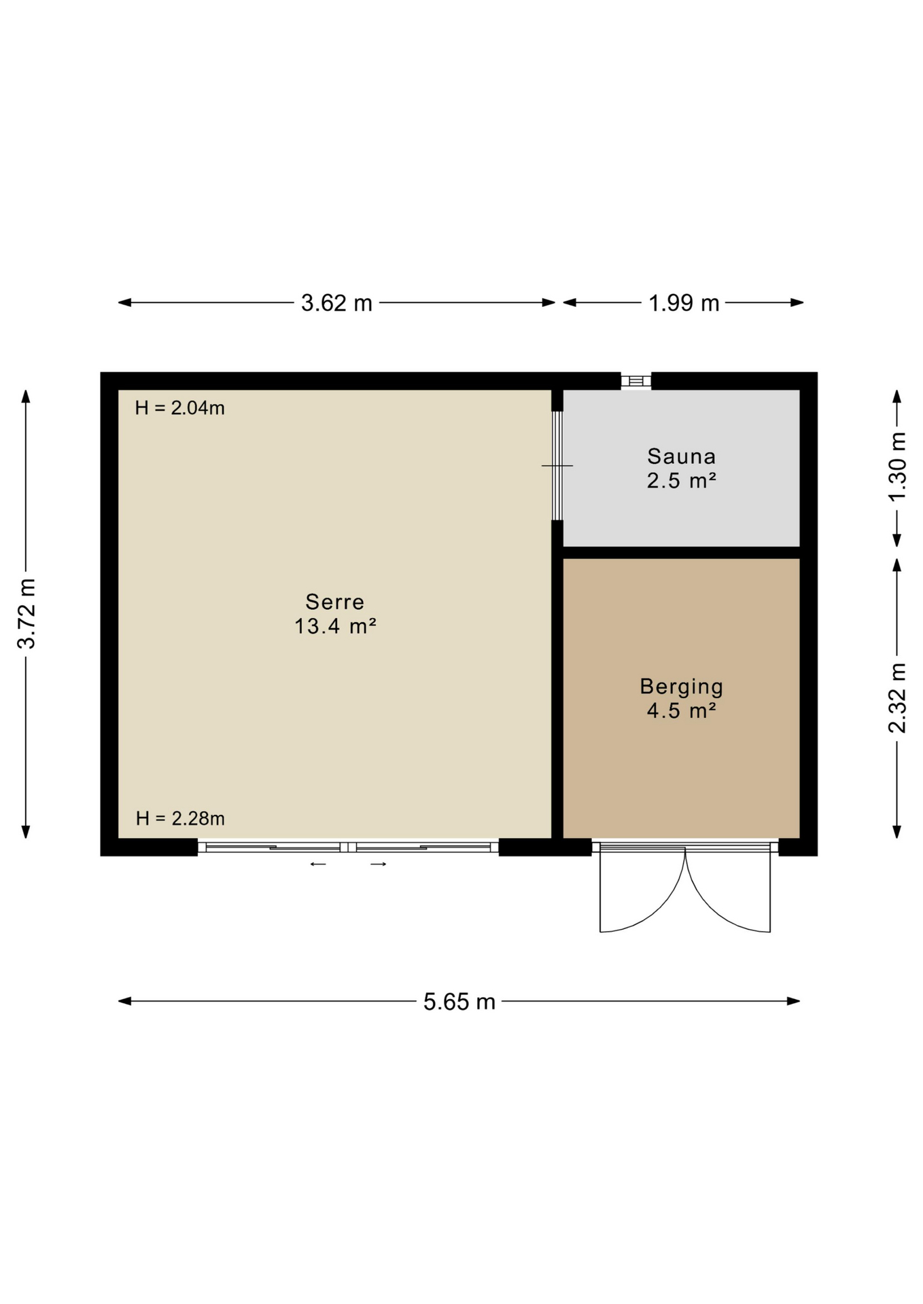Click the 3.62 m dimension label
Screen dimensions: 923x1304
point(336,303)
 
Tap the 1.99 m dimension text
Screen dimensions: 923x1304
point(684,303)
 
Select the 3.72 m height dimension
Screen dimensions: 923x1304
point(27,614)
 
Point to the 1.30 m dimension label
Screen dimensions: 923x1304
point(897,467)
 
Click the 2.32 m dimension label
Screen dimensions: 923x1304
point(897,698)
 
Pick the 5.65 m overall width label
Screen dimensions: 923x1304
point(459,1002)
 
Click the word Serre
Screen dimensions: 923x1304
point(335,602)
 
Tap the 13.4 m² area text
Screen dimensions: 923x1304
point(335,626)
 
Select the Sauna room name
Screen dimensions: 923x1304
point(682,456)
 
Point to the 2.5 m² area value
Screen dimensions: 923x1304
point(682,481)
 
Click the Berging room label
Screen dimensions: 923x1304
point(682,687)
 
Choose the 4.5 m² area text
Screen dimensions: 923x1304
point(682,711)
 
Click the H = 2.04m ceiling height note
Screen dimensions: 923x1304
point(180,408)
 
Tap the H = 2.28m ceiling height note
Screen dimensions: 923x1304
point(180,819)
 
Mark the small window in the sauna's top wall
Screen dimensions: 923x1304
point(636,380)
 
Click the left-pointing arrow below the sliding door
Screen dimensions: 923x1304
point(318,865)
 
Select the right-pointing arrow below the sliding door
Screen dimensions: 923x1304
point(379,865)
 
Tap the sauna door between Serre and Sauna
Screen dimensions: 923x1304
point(557,466)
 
